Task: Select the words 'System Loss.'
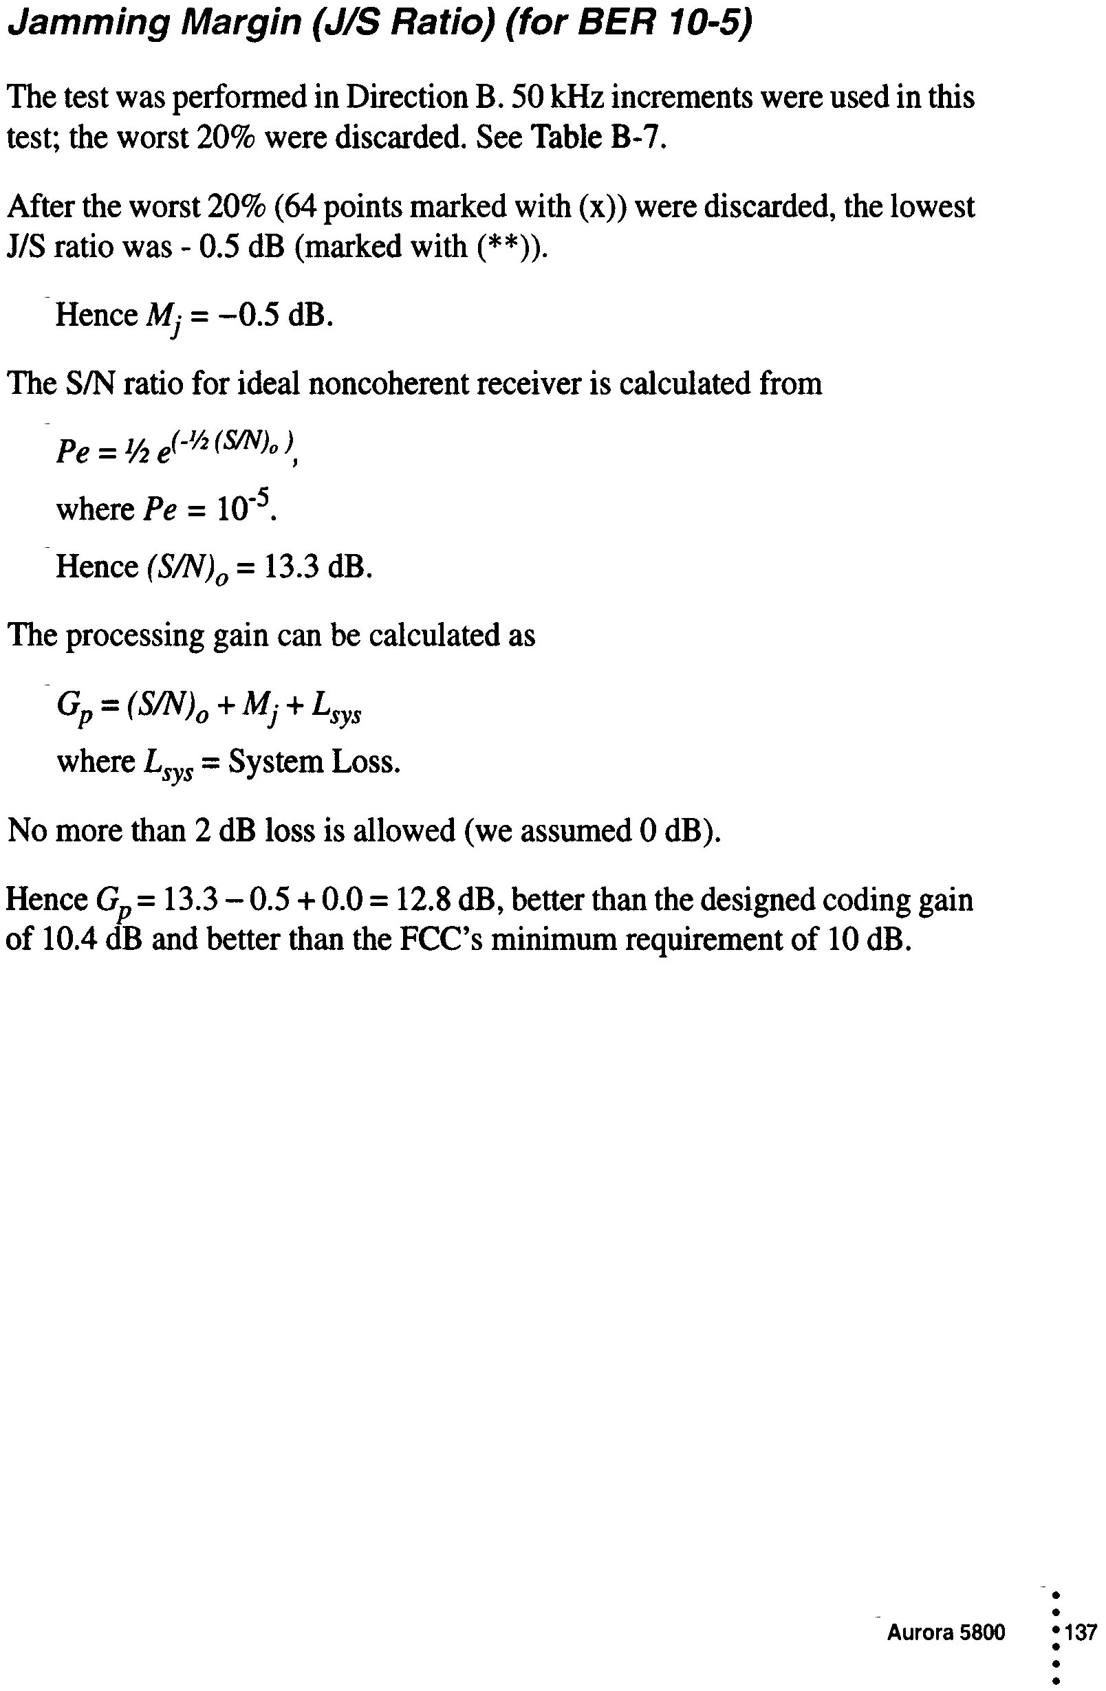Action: [x=314, y=762]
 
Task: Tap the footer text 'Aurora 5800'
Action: [x=945, y=1632]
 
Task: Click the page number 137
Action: [x=1081, y=1632]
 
